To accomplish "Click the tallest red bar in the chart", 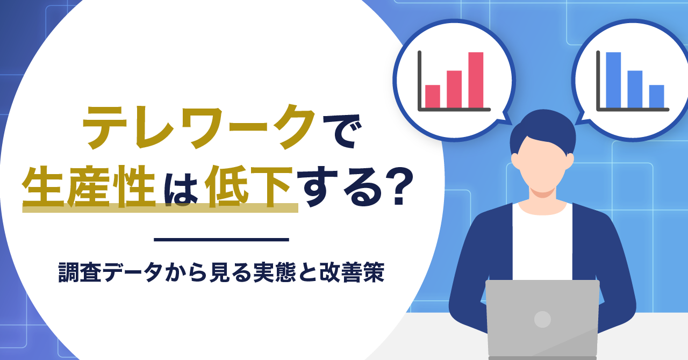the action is tap(476, 80).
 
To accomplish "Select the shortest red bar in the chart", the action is tap(433, 96).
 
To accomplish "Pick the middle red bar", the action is tap(454, 89).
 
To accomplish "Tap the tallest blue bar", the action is tap(613, 80).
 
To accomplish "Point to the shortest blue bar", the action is tap(657, 96).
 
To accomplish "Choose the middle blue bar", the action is tap(635, 89).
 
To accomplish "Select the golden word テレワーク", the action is tap(199, 127).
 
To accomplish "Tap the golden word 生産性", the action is tap(89, 186).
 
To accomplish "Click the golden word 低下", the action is tap(248, 186).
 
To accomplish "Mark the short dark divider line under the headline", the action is tap(221, 240).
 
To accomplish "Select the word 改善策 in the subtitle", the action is tap(352, 272).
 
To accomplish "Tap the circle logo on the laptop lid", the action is tap(542, 319).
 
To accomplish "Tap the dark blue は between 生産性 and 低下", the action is tap(181, 187).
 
